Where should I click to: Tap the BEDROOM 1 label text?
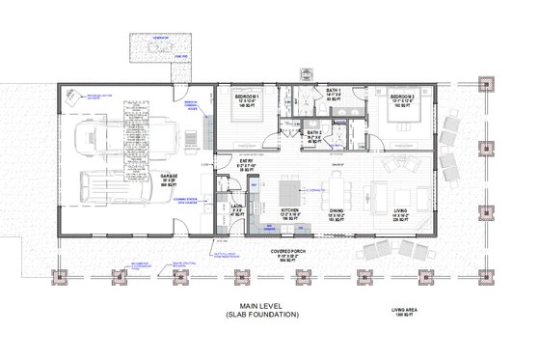point(256,97)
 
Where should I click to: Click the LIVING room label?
point(398,209)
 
